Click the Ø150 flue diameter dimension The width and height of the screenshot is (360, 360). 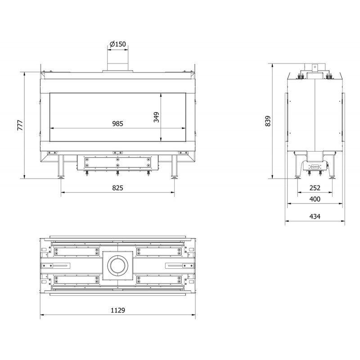(118, 44)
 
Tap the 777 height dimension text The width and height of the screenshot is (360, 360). (20, 125)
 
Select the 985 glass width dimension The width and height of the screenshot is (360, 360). (118, 123)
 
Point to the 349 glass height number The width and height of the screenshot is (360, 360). (156, 117)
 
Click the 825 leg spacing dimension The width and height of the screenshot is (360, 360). (118, 188)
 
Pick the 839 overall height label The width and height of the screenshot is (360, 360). (268, 121)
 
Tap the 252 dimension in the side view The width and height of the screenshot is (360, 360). (315, 188)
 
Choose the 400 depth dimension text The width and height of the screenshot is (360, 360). (315, 199)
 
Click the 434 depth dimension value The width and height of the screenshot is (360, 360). (315, 216)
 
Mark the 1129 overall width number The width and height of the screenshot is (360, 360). (118, 310)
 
